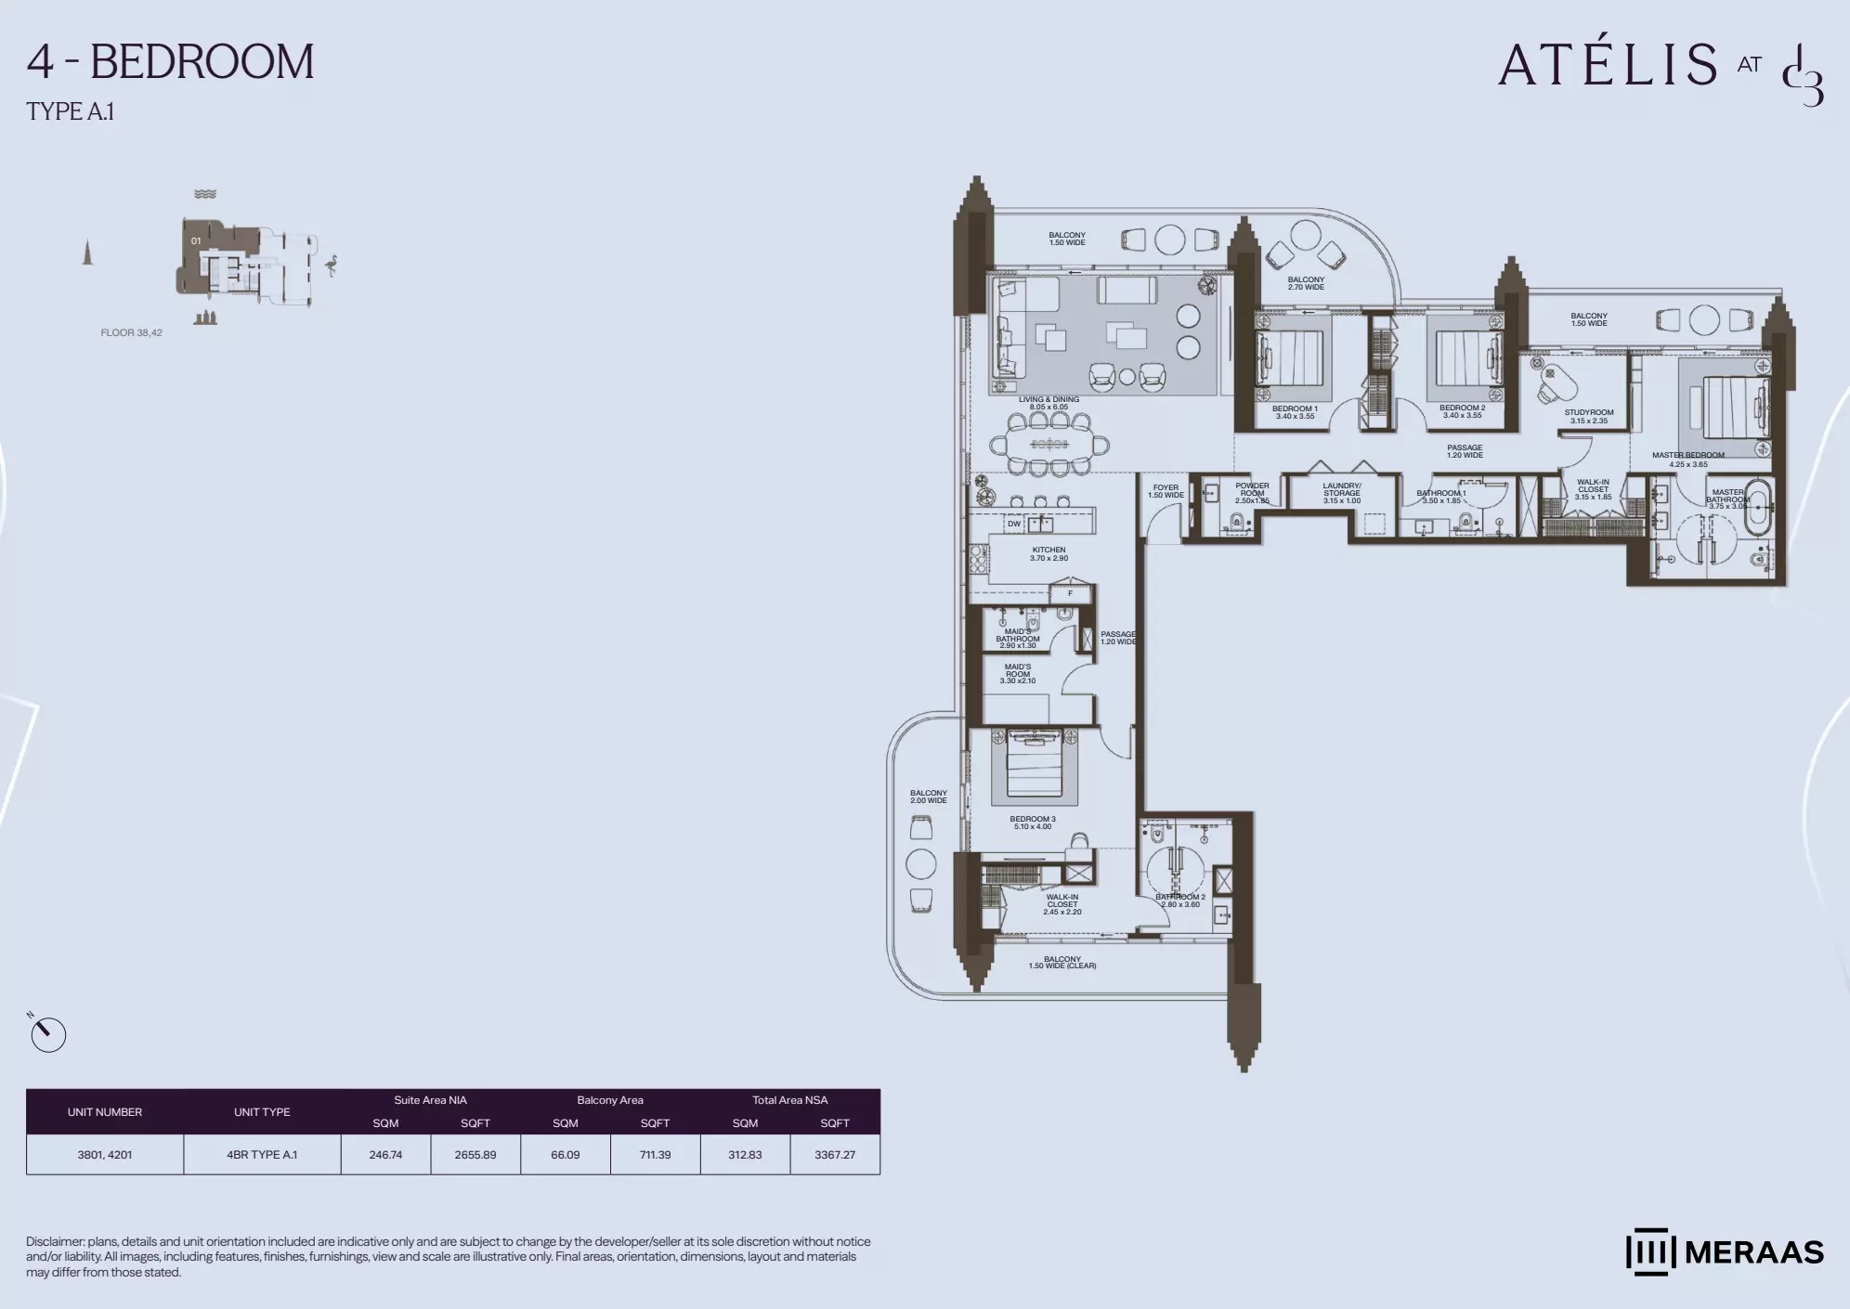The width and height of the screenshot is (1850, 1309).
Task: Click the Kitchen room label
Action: coord(1049,554)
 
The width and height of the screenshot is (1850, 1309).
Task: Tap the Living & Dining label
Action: coord(1049,403)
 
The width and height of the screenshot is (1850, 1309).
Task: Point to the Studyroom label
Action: coord(1588,416)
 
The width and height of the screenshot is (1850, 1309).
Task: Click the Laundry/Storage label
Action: coord(1341,493)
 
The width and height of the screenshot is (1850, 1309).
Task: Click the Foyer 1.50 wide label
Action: coord(1166,491)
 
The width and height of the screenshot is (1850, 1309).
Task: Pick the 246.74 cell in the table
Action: coord(385,1155)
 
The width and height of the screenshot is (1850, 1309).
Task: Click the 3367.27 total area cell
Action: coord(834,1155)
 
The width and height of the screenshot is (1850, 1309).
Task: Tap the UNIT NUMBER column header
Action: coord(105,1112)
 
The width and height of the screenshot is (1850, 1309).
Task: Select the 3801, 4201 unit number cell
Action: coord(105,1155)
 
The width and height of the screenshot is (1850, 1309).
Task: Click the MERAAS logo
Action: coord(1725,1252)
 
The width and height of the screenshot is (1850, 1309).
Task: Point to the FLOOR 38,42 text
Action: coord(131,332)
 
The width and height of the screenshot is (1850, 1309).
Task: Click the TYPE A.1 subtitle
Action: coord(71,111)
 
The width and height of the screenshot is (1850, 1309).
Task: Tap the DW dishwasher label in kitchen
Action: coord(1013,524)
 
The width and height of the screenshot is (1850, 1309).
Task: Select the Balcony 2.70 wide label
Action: coord(1305,283)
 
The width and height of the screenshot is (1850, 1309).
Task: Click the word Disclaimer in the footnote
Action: coord(55,1241)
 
